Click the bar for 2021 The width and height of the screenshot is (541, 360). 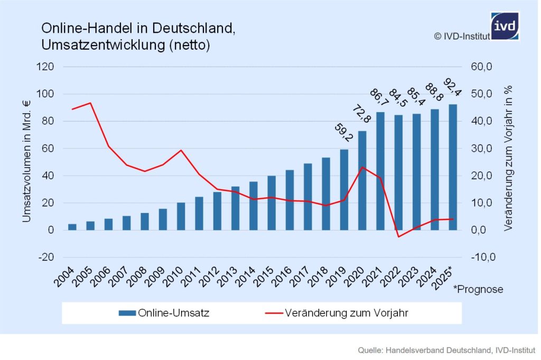click(380, 171)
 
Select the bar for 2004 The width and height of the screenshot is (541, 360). click(72, 227)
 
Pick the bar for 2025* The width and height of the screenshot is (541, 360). click(453, 167)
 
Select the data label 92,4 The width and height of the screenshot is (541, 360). click(454, 88)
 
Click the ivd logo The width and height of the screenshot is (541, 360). click(505, 26)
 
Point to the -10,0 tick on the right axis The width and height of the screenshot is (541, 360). click(482, 257)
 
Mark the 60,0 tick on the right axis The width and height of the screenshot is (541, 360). click(482, 67)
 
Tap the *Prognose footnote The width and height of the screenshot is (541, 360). click(478, 289)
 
